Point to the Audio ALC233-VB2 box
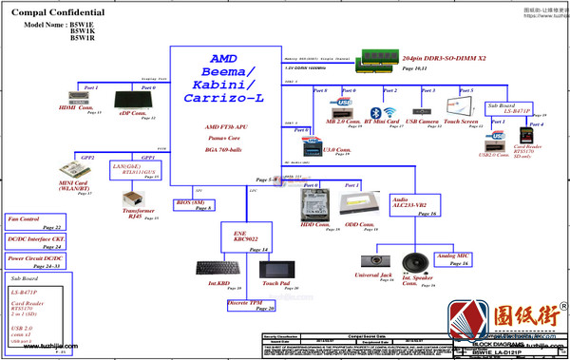pos(413,206)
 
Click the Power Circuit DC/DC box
pos(35,258)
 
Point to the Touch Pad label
pos(276,283)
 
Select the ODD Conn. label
pos(360,224)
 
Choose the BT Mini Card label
pos(384,122)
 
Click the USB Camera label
pos(422,122)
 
